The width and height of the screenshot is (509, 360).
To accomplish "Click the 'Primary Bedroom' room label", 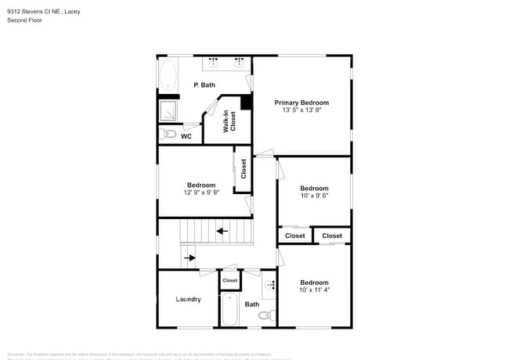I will click(301, 103).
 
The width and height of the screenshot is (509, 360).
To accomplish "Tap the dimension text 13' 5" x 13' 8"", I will click(301, 110).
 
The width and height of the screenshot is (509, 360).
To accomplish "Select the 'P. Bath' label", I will click(204, 85).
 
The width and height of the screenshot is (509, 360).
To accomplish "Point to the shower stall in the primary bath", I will click(169, 110).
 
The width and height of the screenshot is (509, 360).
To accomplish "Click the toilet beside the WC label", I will click(168, 135).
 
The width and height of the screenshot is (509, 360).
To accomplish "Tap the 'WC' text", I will click(186, 136).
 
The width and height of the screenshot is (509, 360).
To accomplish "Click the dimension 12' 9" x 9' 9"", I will click(201, 193).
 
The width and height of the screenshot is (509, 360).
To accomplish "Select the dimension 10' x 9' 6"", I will click(314, 196).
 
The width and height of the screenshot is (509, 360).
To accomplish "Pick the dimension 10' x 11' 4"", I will click(314, 290).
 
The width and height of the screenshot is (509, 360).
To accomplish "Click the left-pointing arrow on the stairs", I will click(222, 231).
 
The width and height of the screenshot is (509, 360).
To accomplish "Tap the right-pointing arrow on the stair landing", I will click(189, 257).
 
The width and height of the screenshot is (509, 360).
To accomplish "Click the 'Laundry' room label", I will click(188, 299).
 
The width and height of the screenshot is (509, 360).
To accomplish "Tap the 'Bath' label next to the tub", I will click(251, 304).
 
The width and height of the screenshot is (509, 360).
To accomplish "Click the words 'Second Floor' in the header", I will click(24, 20).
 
